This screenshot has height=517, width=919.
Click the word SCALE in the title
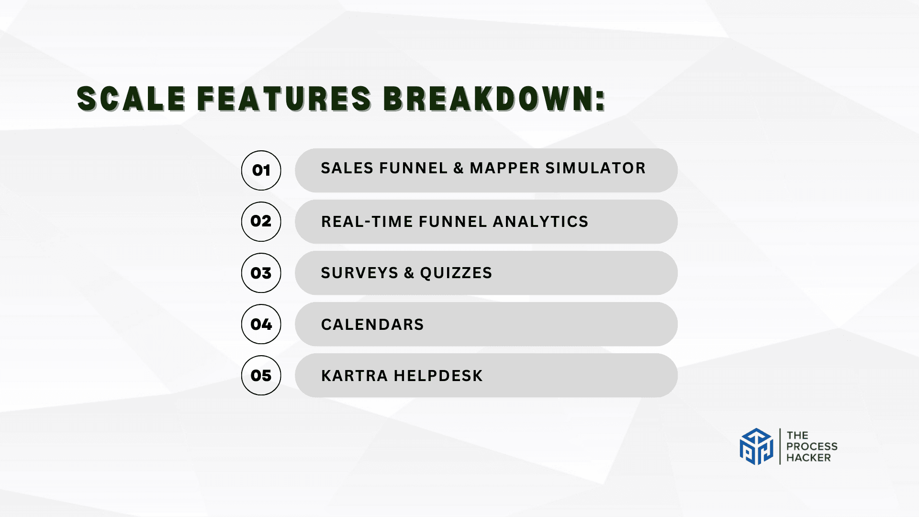131,99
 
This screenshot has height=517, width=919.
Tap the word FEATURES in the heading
284,99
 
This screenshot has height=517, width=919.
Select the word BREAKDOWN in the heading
489,99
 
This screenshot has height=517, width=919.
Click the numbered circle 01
261,170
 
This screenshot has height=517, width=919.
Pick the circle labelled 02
261,222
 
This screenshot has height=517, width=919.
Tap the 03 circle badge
261,273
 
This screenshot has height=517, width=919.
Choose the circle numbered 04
261,324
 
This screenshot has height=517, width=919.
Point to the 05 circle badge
261,375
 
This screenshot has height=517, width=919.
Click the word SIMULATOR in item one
595,168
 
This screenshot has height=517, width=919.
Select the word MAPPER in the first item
505,168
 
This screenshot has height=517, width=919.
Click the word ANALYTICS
540,222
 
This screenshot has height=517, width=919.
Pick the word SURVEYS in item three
359,273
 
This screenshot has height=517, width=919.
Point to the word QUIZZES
456,273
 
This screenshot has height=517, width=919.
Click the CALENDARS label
372,325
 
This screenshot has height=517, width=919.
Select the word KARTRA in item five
354,376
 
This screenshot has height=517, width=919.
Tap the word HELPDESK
438,376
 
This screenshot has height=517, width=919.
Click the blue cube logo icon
756,447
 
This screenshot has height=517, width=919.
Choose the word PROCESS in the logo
812,446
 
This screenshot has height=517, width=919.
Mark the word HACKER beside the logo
808,458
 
